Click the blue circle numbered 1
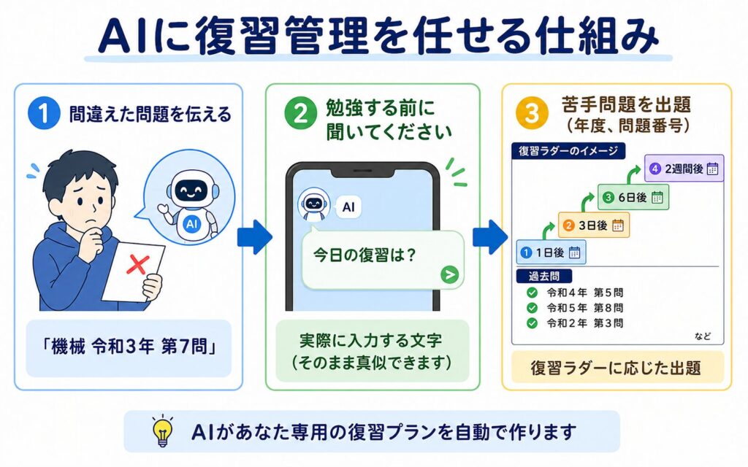44,114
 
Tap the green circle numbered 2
300,113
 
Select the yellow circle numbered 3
532,113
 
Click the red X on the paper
138,264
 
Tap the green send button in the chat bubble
449,274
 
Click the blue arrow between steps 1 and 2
255,237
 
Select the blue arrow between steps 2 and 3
490,237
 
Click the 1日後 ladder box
551,252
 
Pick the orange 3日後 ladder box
593,225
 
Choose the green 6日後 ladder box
633,197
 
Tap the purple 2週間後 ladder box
684,169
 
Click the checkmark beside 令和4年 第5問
532,293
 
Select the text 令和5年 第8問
585,308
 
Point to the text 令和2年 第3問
585,323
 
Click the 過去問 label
543,277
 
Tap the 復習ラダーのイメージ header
568,151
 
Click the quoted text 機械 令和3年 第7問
129,347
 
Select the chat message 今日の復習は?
365,255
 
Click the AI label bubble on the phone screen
348,207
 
